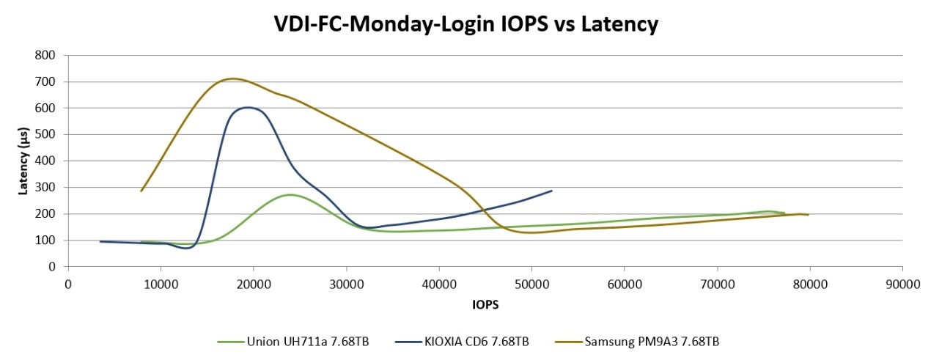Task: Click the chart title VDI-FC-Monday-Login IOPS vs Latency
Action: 466,24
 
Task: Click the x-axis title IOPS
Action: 485,301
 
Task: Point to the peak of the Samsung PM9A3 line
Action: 232,78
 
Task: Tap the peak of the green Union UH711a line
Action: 290,194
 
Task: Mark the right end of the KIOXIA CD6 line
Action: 551,191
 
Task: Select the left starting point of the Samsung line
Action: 141,191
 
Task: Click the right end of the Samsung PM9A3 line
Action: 808,214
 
